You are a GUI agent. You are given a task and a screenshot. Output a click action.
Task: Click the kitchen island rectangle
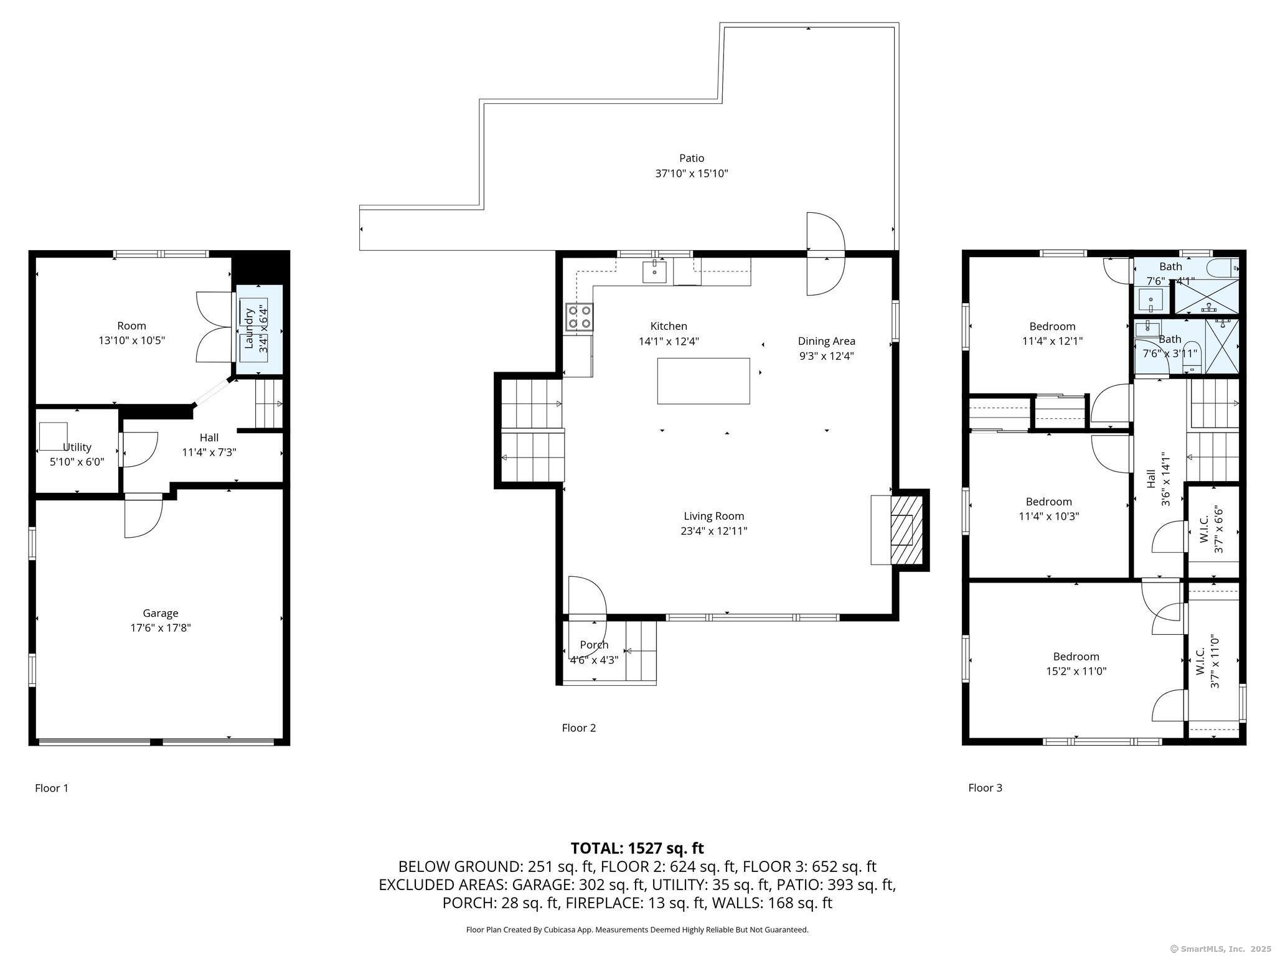pos(703,381)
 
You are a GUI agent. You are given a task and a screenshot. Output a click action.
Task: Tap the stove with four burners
pos(579,317)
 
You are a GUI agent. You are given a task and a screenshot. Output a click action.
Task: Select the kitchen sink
pos(655,272)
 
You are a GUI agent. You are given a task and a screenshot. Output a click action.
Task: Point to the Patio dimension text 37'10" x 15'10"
pos(692,174)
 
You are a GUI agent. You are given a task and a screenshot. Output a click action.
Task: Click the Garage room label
pos(161,613)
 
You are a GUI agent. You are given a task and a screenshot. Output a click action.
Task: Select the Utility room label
pos(77,447)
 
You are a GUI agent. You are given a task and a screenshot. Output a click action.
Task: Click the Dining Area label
pos(827,341)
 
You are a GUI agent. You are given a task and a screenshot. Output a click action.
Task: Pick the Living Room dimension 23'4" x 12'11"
pos(714,531)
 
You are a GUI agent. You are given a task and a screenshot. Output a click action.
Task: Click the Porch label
pos(594,645)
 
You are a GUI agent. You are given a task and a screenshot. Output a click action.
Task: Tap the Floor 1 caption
pos(52,788)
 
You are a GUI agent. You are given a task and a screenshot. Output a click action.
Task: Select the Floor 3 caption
pos(986,787)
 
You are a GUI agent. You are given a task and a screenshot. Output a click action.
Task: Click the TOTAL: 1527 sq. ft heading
pos(637,848)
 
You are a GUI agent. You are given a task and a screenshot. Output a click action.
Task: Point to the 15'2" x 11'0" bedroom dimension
pos(1076,672)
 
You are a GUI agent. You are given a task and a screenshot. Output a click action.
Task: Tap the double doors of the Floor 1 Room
pos(215,327)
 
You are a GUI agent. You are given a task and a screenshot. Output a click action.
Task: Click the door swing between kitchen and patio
pos(826,254)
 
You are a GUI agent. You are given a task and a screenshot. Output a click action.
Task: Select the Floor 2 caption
pos(579,728)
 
